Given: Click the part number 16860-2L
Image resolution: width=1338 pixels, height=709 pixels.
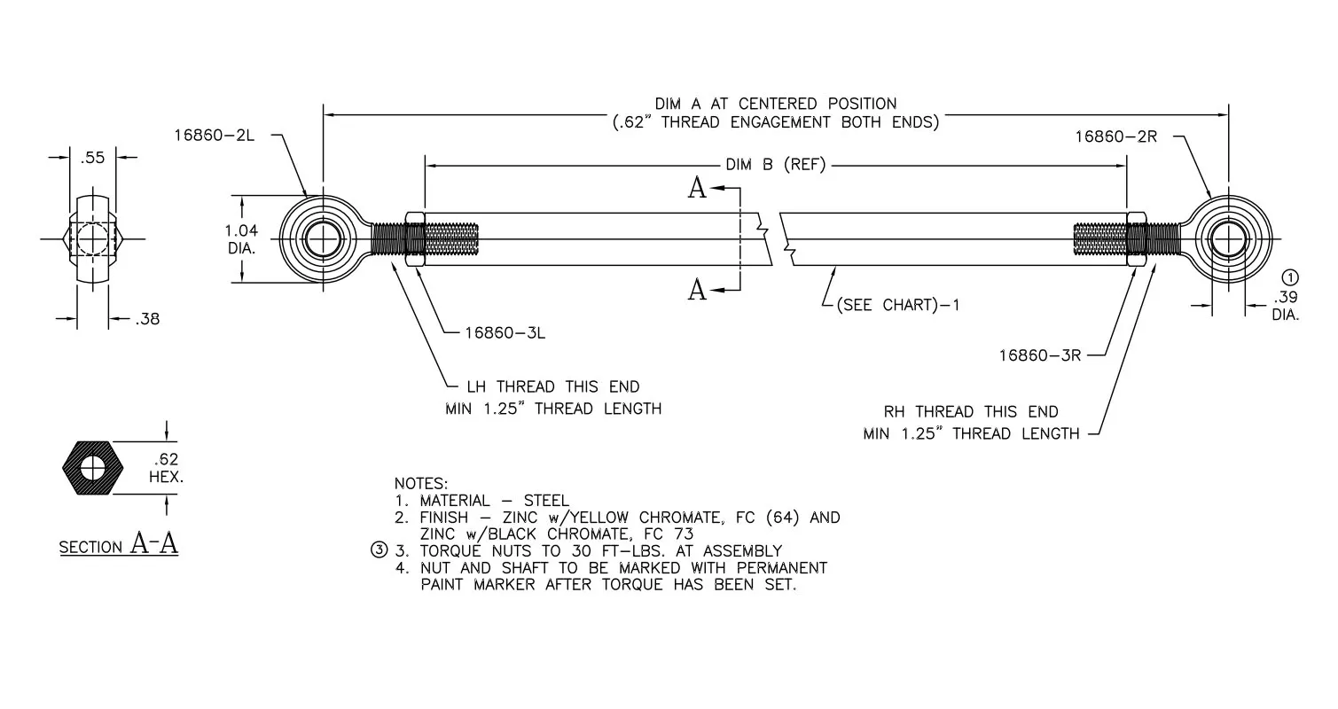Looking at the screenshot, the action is tap(214, 136).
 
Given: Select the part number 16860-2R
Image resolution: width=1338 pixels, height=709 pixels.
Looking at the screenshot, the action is tap(1115, 136).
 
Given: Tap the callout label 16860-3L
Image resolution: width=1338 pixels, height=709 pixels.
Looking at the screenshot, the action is tap(505, 332).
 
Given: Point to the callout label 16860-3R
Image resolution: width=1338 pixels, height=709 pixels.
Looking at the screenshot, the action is tap(1040, 355).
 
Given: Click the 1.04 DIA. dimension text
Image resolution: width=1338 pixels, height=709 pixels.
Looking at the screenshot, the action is tap(241, 238).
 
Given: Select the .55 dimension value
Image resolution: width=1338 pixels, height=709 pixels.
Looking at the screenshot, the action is tap(92, 158).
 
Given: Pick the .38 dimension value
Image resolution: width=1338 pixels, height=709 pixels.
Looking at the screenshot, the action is tap(147, 319).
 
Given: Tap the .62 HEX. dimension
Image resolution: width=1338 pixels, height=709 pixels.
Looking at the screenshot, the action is tap(166, 468).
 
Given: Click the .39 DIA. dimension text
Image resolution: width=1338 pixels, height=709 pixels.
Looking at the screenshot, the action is tap(1286, 306).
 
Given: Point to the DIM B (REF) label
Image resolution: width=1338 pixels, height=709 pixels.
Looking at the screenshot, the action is tap(775, 165).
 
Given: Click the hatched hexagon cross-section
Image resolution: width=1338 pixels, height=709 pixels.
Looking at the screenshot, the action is tap(92, 468).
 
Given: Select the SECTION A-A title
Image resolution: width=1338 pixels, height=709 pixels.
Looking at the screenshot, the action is tap(118, 543).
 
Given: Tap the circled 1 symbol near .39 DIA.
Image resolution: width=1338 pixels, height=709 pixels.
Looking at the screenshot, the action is tap(1290, 277).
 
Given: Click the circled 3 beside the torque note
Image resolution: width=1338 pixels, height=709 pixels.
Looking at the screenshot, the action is tap(379, 549).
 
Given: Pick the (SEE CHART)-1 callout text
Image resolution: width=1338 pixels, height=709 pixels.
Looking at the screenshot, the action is tap(898, 305).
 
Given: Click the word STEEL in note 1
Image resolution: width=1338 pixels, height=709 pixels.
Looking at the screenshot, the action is tap(546, 500).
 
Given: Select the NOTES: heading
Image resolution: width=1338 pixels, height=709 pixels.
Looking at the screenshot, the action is tap(420, 483).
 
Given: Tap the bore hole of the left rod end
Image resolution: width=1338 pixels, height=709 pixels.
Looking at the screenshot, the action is tap(323, 239).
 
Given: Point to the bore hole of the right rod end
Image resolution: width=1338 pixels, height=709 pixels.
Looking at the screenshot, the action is tap(1229, 239).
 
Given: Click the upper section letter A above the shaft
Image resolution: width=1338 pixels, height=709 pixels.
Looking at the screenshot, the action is tap(697, 188).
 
